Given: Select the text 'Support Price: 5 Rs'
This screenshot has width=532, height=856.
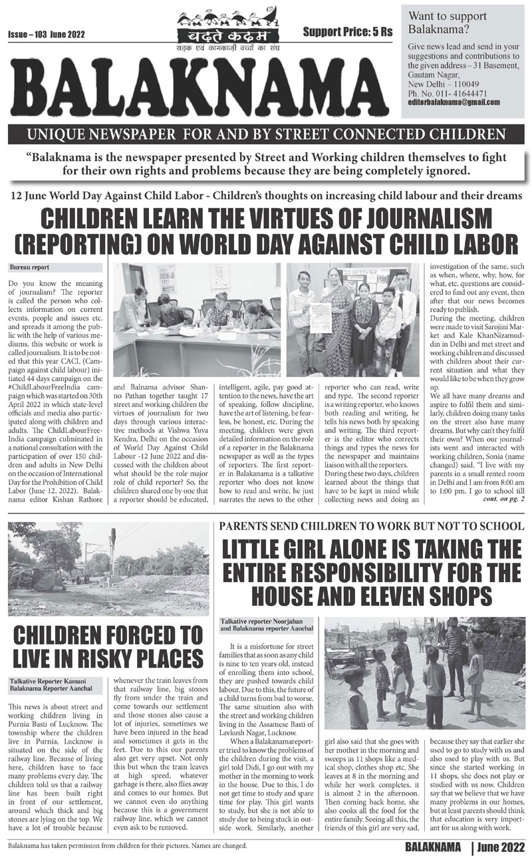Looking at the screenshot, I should (347, 31).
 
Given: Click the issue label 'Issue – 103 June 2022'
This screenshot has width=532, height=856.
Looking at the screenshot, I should (47, 33).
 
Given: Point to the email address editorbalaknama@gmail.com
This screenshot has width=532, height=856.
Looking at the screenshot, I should (454, 103).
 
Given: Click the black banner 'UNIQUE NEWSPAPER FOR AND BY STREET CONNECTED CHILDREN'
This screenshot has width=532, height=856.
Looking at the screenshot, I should (266, 135).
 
